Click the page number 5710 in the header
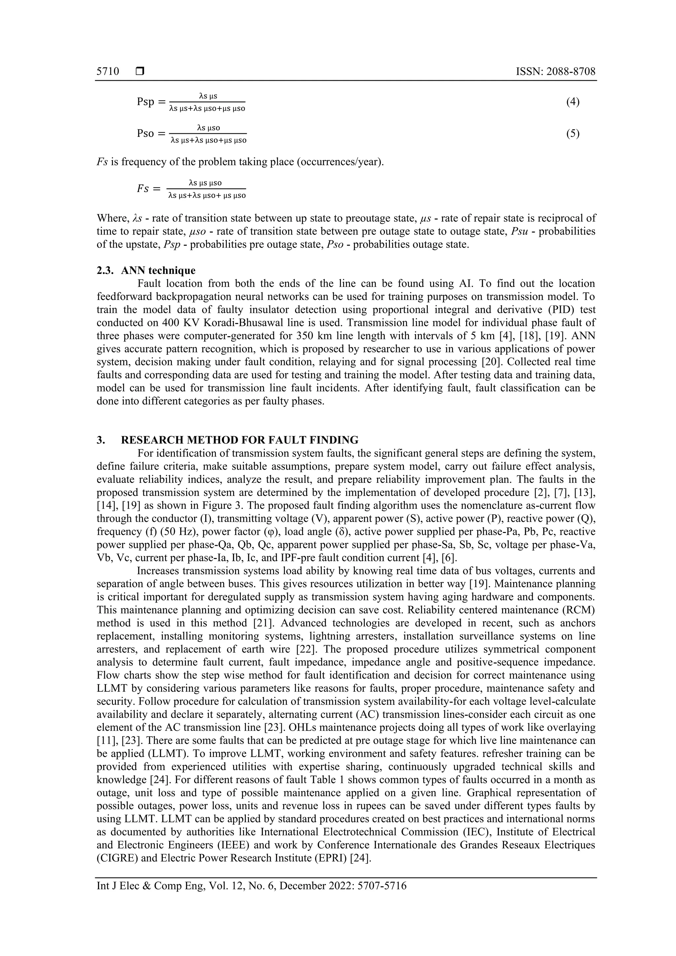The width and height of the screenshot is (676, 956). click(x=108, y=72)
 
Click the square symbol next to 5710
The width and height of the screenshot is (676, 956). click(x=140, y=72)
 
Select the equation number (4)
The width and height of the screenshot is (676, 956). click(x=573, y=102)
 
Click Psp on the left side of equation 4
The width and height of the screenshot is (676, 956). click(x=146, y=102)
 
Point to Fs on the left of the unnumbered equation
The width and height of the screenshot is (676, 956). click(x=143, y=189)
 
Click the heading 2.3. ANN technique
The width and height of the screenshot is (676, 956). click(x=146, y=270)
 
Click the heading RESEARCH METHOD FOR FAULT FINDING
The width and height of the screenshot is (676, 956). click(x=240, y=440)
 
